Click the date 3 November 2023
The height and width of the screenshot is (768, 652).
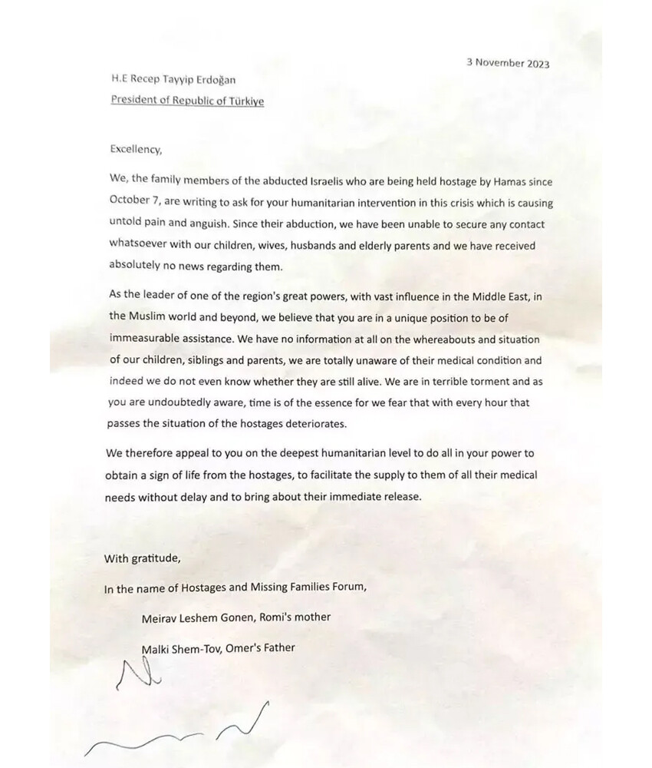508,64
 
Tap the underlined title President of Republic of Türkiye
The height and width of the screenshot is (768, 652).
187,101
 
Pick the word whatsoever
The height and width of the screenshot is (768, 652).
136,246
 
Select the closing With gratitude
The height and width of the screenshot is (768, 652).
143,558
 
